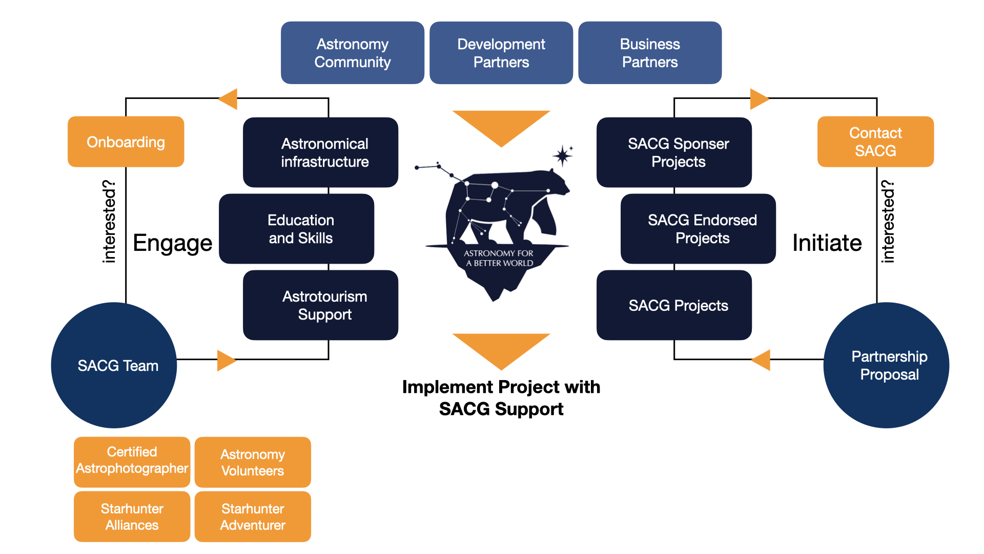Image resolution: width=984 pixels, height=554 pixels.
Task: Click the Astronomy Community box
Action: tap(353, 53)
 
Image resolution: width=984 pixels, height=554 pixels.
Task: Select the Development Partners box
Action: tap(501, 53)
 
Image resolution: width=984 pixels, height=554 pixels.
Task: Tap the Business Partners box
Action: tap(650, 53)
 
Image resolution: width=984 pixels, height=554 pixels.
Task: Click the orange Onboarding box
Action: tap(126, 142)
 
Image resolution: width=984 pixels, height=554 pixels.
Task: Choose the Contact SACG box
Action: tap(875, 142)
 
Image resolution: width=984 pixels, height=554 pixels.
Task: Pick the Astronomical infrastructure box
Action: tap(321, 152)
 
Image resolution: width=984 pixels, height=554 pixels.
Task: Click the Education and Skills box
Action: tap(297, 229)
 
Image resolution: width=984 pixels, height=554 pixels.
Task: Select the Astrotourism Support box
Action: tap(321, 305)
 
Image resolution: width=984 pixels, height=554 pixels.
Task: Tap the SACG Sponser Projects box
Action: tap(674, 152)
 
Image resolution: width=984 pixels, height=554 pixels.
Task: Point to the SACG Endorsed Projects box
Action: tap(698, 229)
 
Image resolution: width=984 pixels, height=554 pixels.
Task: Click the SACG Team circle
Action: tap(114, 365)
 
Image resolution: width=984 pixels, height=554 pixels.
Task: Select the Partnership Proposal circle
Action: tap(886, 365)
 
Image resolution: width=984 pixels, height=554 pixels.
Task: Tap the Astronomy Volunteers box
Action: tap(253, 462)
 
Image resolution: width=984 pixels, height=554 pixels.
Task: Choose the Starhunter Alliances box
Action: tap(132, 517)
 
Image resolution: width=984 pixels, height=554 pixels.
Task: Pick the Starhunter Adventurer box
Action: tap(253, 517)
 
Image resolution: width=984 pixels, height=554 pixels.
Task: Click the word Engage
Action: tap(172, 243)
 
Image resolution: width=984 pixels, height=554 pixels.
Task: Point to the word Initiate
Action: tap(827, 243)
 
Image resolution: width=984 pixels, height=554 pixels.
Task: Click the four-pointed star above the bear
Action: tap(563, 155)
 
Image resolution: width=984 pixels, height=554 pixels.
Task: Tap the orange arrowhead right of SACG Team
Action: tap(226, 360)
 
